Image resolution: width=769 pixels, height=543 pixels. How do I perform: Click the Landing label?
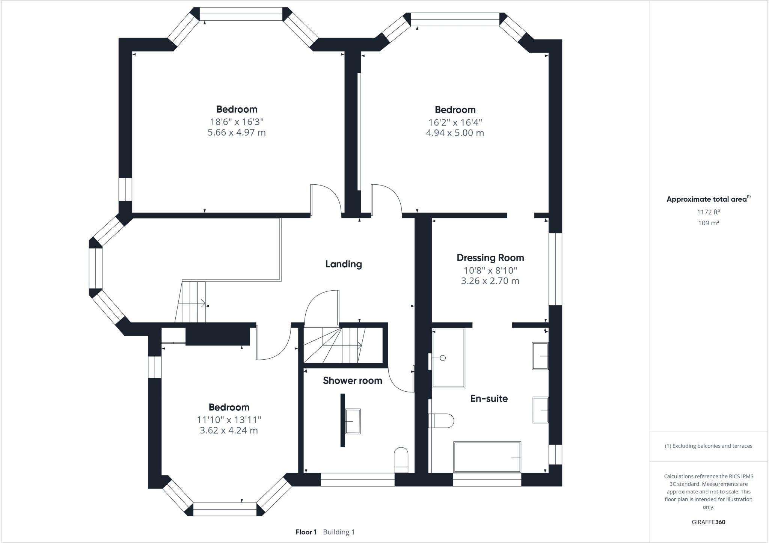343,264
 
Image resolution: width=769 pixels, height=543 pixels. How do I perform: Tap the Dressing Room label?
490,258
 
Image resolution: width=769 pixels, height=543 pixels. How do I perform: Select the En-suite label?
489,398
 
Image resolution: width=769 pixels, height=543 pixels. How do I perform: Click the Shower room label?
352,380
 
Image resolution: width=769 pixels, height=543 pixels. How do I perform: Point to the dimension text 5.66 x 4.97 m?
237,132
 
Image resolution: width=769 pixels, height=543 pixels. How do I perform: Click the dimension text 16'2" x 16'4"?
455,122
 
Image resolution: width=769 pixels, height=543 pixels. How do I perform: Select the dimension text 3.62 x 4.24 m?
229,430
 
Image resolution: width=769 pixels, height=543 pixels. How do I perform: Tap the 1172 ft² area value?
708,212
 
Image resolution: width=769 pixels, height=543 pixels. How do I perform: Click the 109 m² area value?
708,223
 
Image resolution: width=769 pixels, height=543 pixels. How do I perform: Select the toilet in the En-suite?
442,420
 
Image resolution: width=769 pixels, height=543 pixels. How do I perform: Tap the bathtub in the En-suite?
487,457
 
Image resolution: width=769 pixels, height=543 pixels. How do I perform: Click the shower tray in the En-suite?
448,358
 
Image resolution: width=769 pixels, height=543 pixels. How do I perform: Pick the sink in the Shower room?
353,421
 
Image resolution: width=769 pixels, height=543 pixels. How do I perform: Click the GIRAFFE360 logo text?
708,522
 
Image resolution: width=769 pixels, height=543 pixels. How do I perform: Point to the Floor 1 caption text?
306,532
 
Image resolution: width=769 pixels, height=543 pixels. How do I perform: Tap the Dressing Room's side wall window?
555,269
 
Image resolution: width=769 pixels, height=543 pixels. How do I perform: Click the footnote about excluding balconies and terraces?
708,446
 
